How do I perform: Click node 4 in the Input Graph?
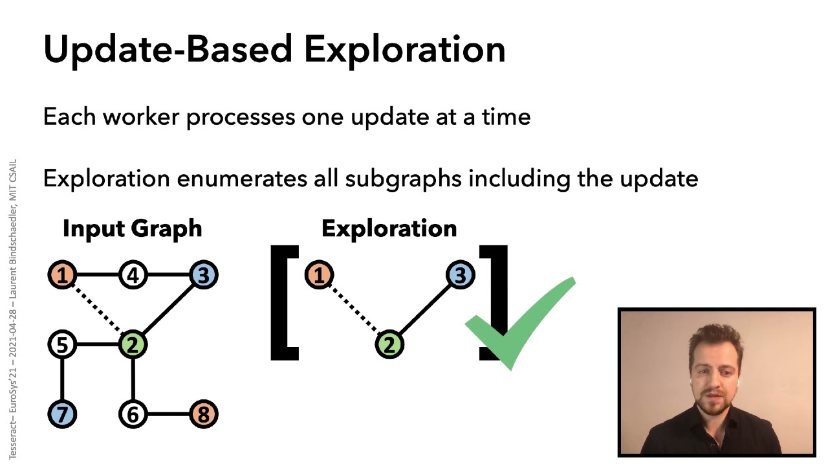point(133,276)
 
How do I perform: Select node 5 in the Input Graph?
point(62,345)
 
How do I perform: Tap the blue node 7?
point(62,414)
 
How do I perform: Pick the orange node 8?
point(203,414)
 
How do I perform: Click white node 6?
point(133,414)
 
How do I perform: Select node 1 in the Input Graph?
point(62,276)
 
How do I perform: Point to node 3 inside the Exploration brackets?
point(460,276)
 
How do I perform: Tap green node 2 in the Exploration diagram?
point(389,345)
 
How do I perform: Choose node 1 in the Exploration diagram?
point(319,276)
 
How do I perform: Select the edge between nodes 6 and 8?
point(168,414)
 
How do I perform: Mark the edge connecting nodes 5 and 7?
point(62,380)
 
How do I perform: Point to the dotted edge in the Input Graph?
point(97,310)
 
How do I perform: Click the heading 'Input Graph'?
point(132,228)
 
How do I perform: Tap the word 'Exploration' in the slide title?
point(405,49)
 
